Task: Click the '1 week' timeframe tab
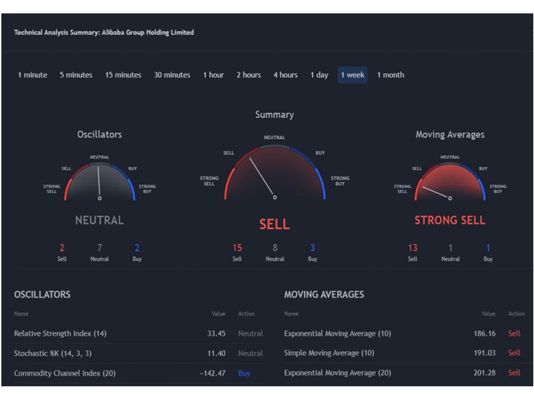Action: point(352,75)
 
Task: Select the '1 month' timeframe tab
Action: point(390,75)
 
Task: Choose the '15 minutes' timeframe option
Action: point(123,75)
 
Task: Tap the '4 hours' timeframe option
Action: point(286,75)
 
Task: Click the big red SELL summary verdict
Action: point(274,225)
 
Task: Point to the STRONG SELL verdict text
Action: point(450,221)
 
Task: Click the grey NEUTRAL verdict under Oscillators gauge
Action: point(99,221)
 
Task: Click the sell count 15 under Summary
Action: point(237,247)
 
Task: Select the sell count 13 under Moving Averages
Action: point(413,247)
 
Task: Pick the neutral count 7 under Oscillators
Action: point(99,247)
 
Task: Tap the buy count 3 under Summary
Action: point(312,247)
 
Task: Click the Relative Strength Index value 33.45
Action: point(216,333)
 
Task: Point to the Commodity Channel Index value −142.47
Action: point(212,374)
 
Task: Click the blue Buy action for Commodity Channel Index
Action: point(244,374)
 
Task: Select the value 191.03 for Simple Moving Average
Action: point(485,353)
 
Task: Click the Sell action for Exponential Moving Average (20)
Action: point(514,373)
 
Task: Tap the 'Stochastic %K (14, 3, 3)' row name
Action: point(53,354)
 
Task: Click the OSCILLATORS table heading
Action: point(42,295)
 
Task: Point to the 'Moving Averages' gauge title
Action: point(450,135)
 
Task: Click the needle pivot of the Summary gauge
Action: point(275,197)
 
